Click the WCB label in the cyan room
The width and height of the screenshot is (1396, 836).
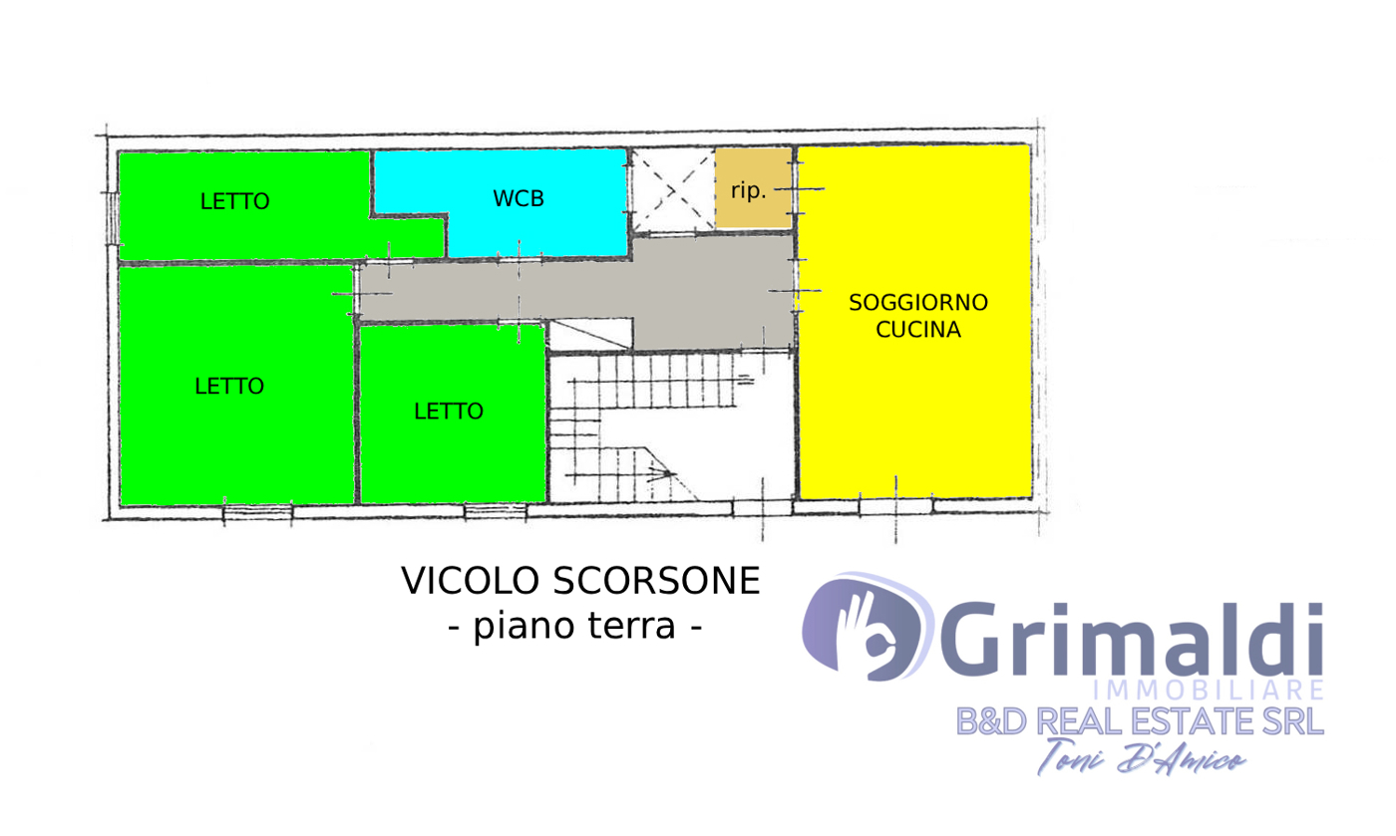click(x=518, y=198)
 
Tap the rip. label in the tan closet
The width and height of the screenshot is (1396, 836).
click(x=748, y=190)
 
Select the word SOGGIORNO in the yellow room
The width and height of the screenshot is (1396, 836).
click(x=918, y=302)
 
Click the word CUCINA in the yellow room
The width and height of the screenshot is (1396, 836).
click(x=918, y=329)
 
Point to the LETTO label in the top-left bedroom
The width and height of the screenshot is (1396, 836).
click(x=234, y=201)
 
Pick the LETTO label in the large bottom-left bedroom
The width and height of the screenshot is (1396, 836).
click(x=228, y=387)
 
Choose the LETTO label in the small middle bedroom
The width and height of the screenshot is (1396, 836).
click(x=449, y=412)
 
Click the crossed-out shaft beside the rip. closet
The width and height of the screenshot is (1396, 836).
click(x=673, y=190)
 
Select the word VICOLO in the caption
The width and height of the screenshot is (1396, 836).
click(x=470, y=581)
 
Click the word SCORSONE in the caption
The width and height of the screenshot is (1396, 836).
click(x=656, y=581)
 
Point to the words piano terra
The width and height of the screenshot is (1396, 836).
click(x=574, y=626)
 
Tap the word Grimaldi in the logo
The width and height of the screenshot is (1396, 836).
click(x=1131, y=639)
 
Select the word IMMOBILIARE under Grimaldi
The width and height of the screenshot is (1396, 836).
click(x=1209, y=691)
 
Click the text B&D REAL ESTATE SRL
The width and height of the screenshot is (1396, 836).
click(x=1140, y=721)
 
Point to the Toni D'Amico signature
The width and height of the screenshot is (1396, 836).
click(x=1142, y=758)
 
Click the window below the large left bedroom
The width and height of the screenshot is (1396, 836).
click(x=257, y=512)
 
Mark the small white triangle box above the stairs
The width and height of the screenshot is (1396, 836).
click(x=590, y=335)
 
